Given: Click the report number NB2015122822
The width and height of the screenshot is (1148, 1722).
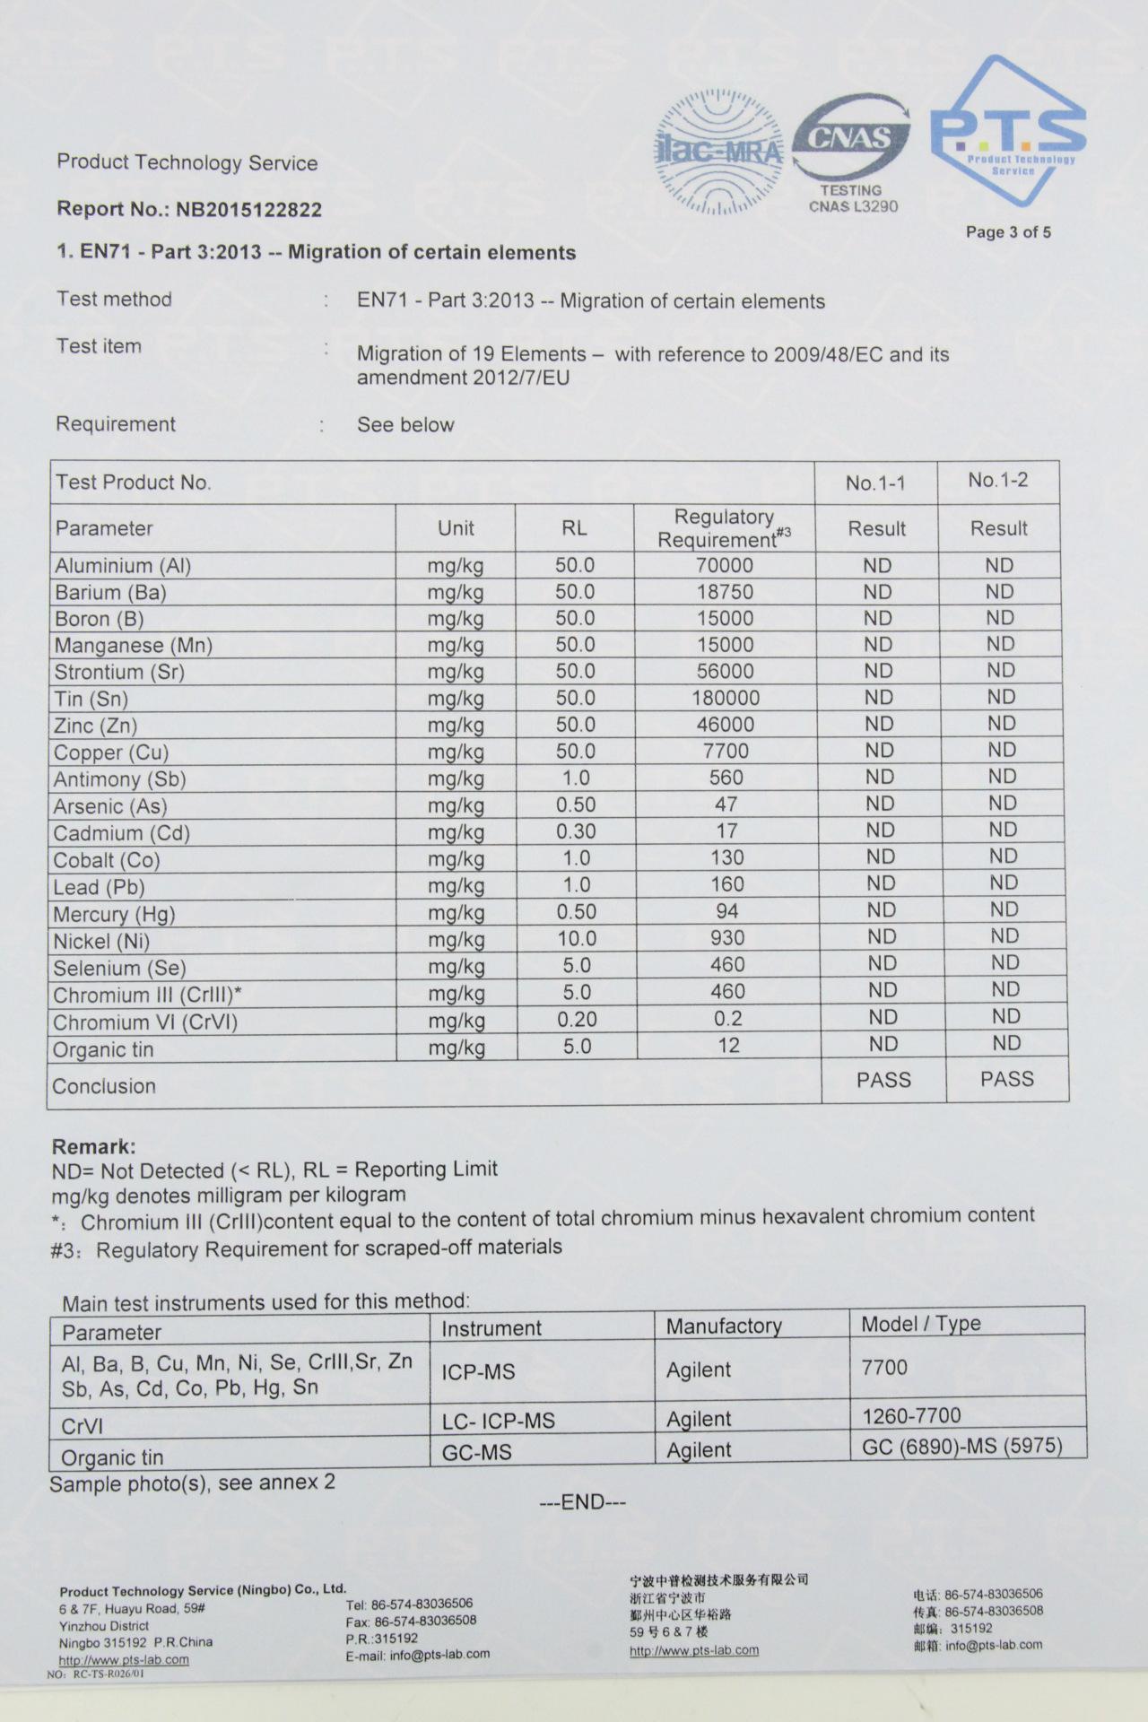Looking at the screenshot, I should coord(248,210).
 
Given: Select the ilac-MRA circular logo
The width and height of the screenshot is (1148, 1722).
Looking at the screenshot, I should coord(718,152).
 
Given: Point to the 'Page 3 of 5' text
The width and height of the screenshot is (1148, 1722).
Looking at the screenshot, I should coord(1008,232).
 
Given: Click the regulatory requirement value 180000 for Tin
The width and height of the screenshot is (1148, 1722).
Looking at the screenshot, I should coord(726,698).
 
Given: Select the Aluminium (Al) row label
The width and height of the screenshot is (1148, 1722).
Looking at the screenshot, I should coord(123,566).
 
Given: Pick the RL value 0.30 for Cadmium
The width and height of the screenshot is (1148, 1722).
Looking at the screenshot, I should coord(576,831).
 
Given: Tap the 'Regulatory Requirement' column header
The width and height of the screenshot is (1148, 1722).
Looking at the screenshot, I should coord(725,528).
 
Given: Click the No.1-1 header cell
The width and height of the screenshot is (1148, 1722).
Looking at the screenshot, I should coord(875,483).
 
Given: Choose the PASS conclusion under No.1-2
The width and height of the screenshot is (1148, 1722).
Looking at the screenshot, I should coord(1006,1079).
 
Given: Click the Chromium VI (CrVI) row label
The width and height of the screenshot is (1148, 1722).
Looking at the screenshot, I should coord(145,1022).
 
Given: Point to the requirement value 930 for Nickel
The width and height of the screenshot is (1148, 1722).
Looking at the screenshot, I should coord(726,938).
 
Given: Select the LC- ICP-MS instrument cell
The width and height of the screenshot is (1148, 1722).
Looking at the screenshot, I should coord(499,1421).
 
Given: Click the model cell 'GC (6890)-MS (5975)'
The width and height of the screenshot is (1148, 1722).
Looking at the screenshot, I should coord(962,1446).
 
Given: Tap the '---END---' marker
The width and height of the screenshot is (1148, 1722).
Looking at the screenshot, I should coord(582,1502).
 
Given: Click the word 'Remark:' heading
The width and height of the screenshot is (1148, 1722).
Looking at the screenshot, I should coord(94,1146).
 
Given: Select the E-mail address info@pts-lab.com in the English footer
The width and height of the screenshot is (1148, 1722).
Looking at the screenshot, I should coord(439,1655).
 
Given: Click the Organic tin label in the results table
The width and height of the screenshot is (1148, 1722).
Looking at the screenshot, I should coord(103,1049).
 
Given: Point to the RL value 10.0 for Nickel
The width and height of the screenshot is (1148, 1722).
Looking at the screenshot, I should coord(577,938).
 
